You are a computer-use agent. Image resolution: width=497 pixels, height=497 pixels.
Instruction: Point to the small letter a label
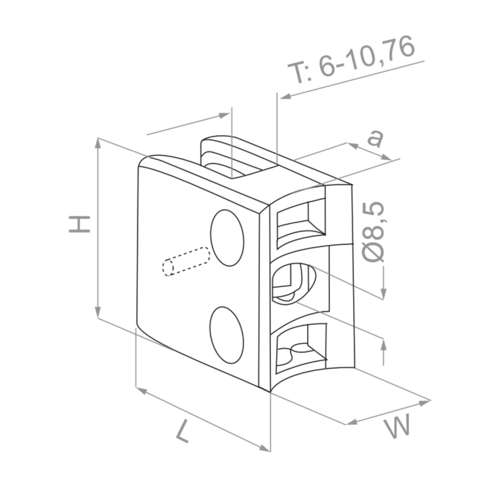click(375, 138)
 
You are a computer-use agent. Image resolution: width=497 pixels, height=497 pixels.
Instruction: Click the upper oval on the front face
click(227, 238)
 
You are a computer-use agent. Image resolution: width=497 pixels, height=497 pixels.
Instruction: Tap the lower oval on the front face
click(226, 335)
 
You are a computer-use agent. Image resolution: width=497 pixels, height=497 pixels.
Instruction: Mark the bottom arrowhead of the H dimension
click(98, 312)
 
